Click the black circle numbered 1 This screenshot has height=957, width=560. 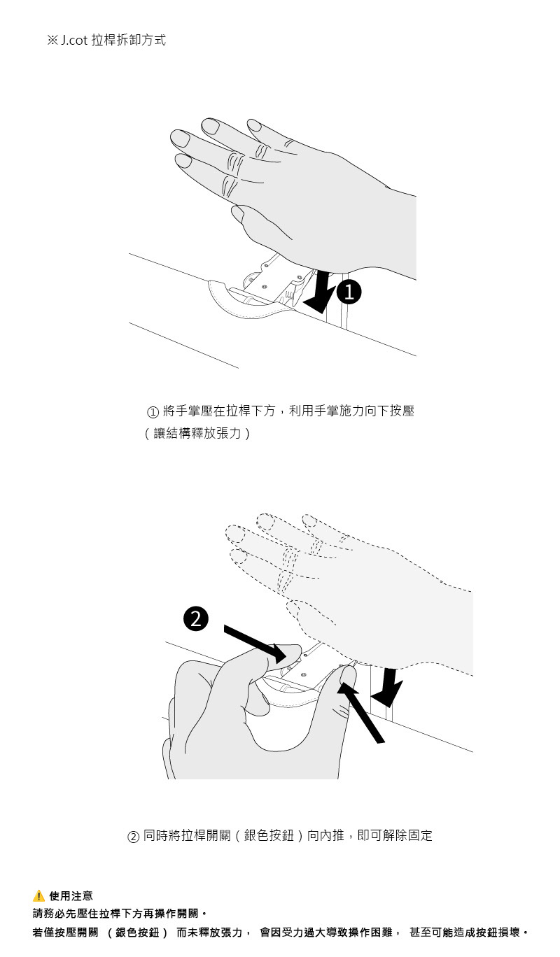point(349,292)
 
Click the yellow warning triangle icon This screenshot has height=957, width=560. point(38,895)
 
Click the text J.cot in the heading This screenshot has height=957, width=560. point(74,41)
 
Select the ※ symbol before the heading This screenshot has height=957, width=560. point(52,41)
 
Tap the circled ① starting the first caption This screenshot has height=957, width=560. point(153,412)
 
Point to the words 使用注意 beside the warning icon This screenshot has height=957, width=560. point(71,895)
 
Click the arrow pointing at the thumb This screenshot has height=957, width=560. point(255,644)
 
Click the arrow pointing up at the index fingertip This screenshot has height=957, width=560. point(361,712)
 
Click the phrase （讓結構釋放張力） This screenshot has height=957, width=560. point(197,434)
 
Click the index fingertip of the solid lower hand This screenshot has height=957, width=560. point(348,674)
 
